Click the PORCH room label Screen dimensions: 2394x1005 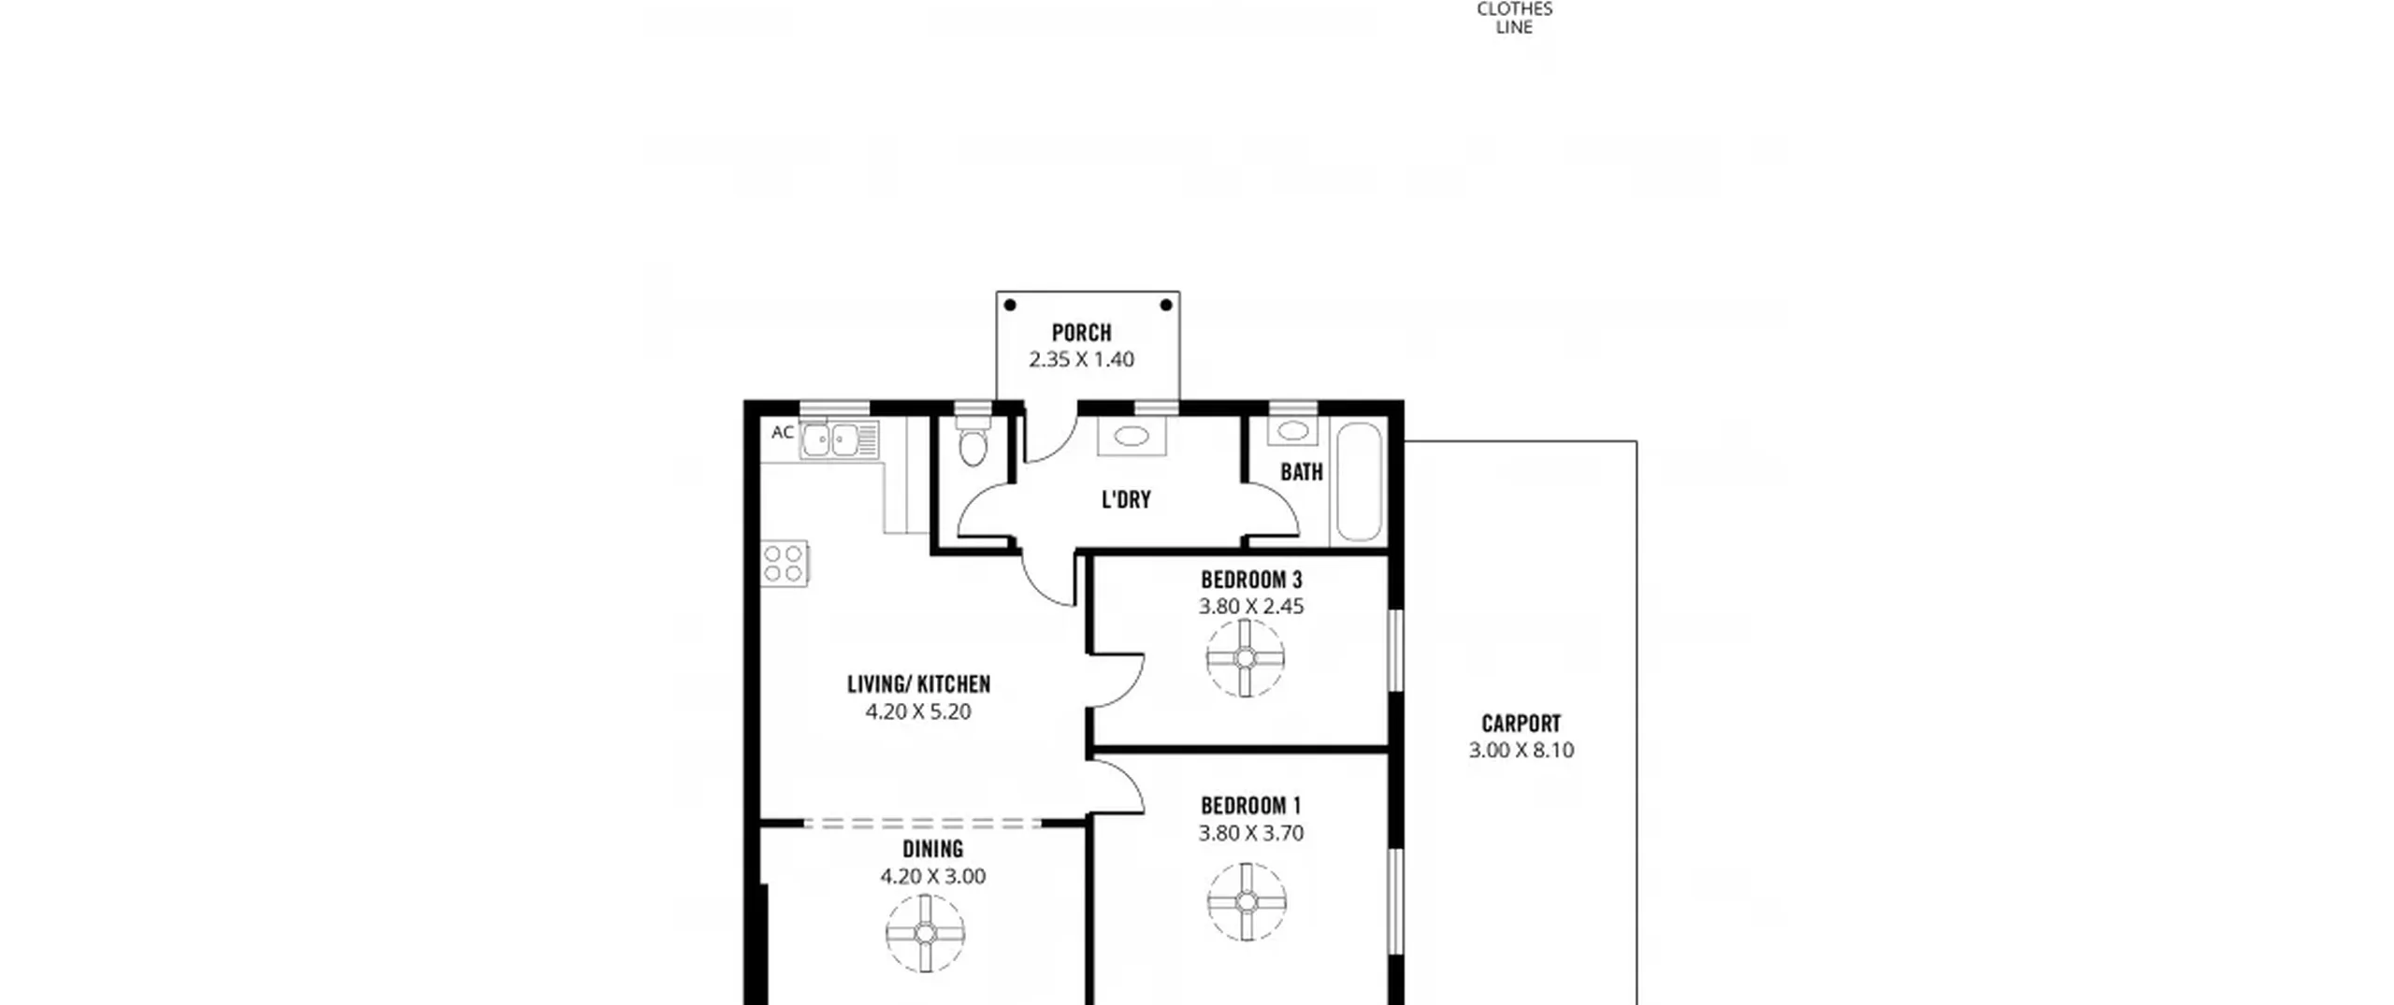pos(1082,333)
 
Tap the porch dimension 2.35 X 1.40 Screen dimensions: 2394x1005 pos(1082,359)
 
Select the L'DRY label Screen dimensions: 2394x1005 pos(1126,499)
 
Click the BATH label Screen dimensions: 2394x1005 pos(1302,472)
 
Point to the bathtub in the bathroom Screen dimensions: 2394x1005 pos(1359,482)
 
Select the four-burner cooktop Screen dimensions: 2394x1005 pos(785,564)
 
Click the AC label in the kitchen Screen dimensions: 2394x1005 pos(783,433)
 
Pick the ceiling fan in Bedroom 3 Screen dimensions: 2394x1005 pos(1246,658)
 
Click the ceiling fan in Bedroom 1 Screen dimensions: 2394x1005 pos(1247,901)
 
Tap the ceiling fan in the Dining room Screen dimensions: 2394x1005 pos(926,933)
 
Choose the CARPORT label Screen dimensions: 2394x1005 pos(1521,724)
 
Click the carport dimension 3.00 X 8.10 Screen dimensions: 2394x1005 pos(1521,750)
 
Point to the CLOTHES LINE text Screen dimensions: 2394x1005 pos(1515,18)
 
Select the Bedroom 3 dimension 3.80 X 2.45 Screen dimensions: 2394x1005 pos(1251,606)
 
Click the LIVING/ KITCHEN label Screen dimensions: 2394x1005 pos(918,684)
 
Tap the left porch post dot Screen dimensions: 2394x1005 pos(1010,305)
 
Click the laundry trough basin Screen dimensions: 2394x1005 pos(1132,436)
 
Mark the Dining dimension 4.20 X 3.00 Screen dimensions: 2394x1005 pos(932,877)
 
